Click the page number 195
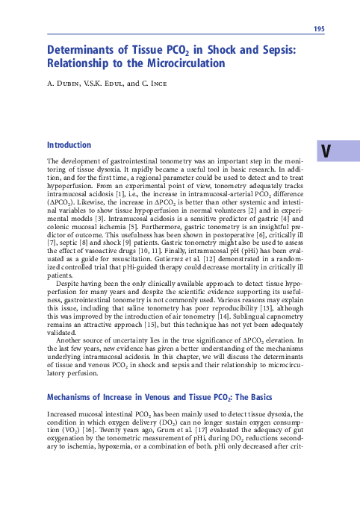(319, 29)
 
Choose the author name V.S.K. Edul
(110, 83)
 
